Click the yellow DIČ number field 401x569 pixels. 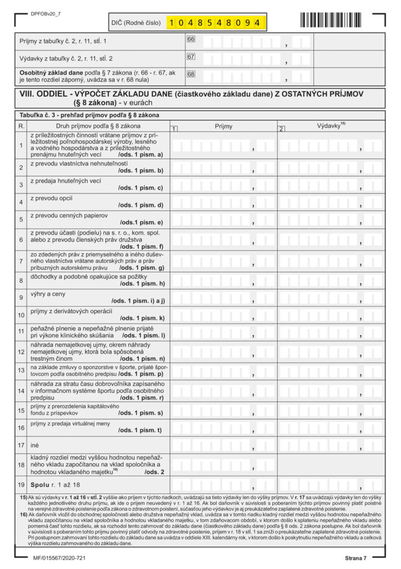click(x=216, y=23)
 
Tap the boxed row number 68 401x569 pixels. click(x=191, y=73)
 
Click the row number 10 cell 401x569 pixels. click(x=21, y=315)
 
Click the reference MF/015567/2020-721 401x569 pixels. click(x=52, y=557)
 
